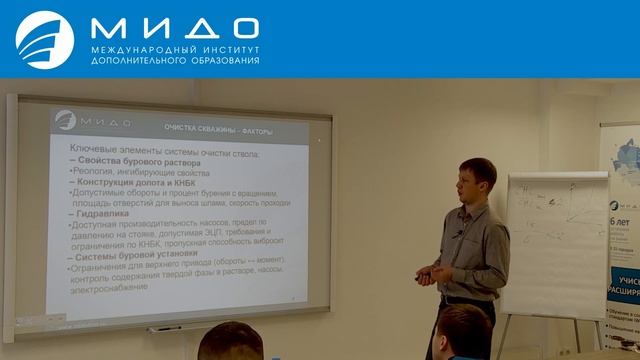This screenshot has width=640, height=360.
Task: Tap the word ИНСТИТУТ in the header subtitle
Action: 226,49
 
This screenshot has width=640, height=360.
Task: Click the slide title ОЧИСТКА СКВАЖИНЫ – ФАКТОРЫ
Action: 217,132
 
